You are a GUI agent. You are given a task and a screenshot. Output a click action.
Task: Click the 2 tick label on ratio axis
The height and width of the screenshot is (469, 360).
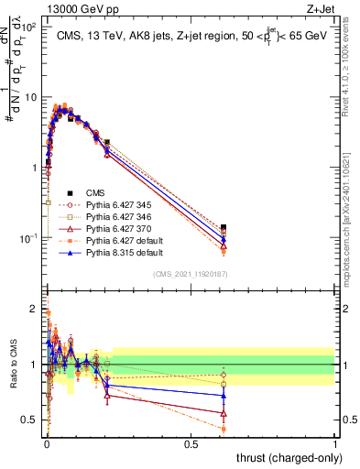(x=34, y=309)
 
